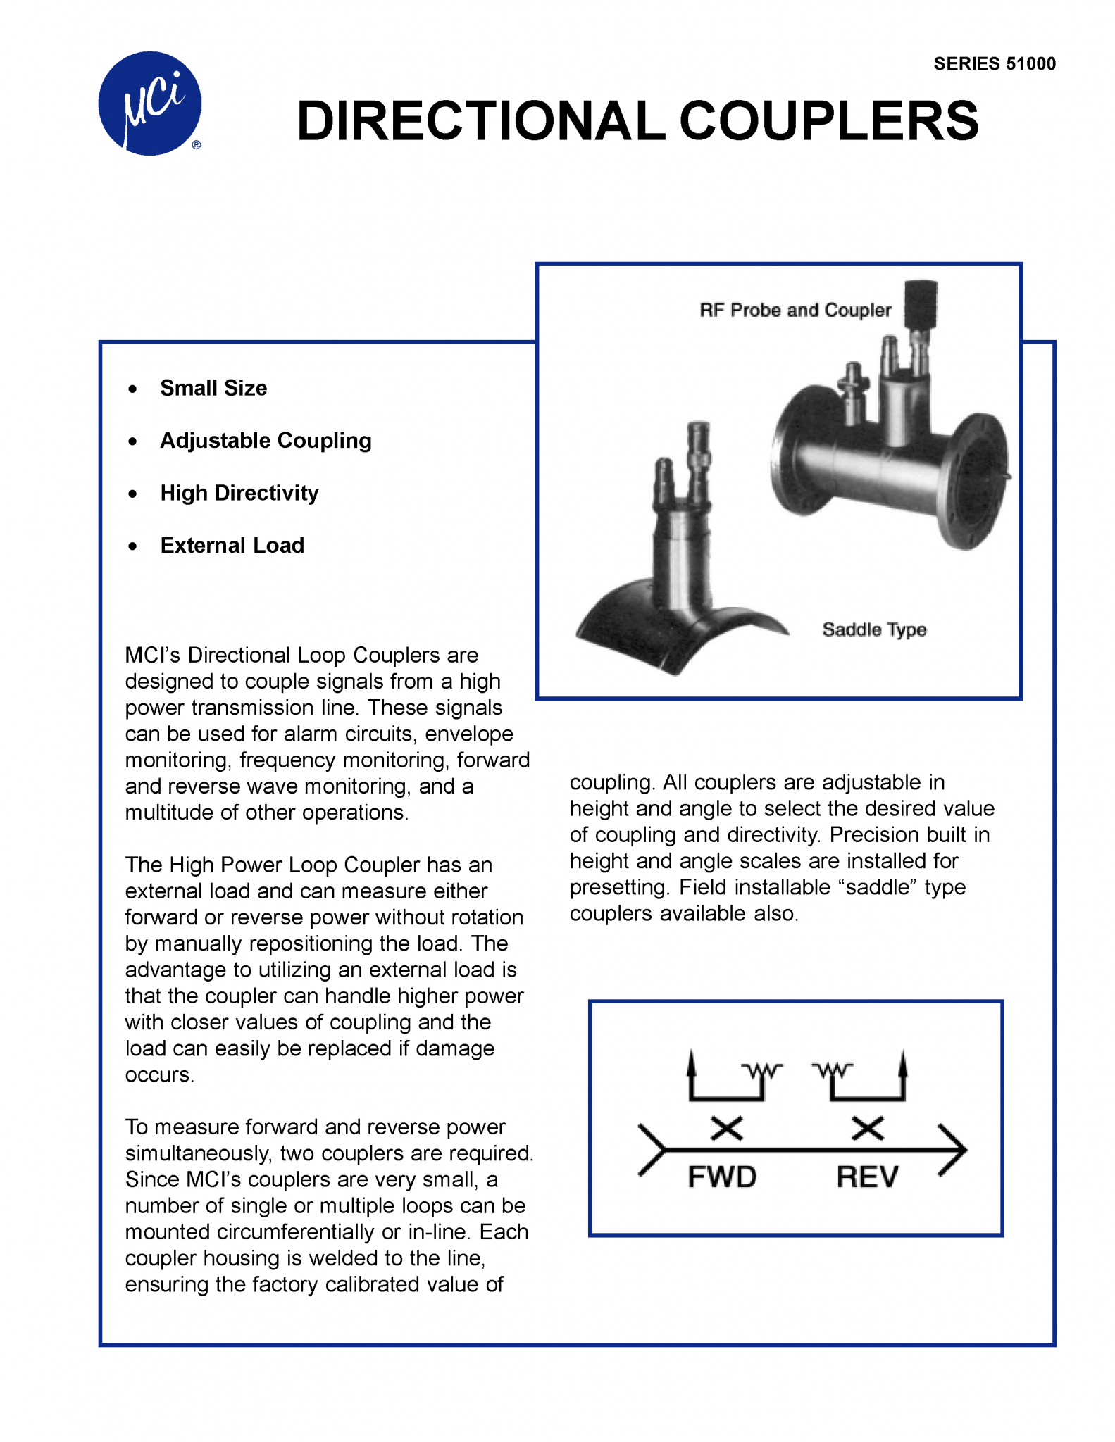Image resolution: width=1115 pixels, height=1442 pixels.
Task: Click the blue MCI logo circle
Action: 149,103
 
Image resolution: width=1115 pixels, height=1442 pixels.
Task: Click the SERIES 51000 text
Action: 994,64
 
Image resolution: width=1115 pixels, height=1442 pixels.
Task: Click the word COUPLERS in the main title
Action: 828,121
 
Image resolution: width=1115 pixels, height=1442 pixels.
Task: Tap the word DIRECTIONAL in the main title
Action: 480,121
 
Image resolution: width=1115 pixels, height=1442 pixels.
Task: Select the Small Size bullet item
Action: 213,388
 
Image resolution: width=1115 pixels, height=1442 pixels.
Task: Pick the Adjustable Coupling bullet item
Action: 266,441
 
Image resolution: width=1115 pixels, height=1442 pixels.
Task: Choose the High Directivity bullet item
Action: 239,493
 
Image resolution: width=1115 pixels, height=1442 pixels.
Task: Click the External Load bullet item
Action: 232,546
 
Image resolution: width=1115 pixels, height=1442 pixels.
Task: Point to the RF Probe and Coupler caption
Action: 795,311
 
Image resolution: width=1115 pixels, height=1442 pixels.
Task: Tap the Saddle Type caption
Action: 873,629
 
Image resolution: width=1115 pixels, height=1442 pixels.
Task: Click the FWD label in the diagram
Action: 722,1177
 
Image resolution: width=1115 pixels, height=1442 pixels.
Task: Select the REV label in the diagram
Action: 867,1177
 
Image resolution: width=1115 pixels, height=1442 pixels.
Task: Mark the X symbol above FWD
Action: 726,1129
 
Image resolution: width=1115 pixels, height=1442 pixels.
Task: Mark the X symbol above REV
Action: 867,1129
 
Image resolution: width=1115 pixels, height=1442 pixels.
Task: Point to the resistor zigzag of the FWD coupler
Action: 762,1071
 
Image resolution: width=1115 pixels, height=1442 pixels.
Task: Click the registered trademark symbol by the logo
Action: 197,145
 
